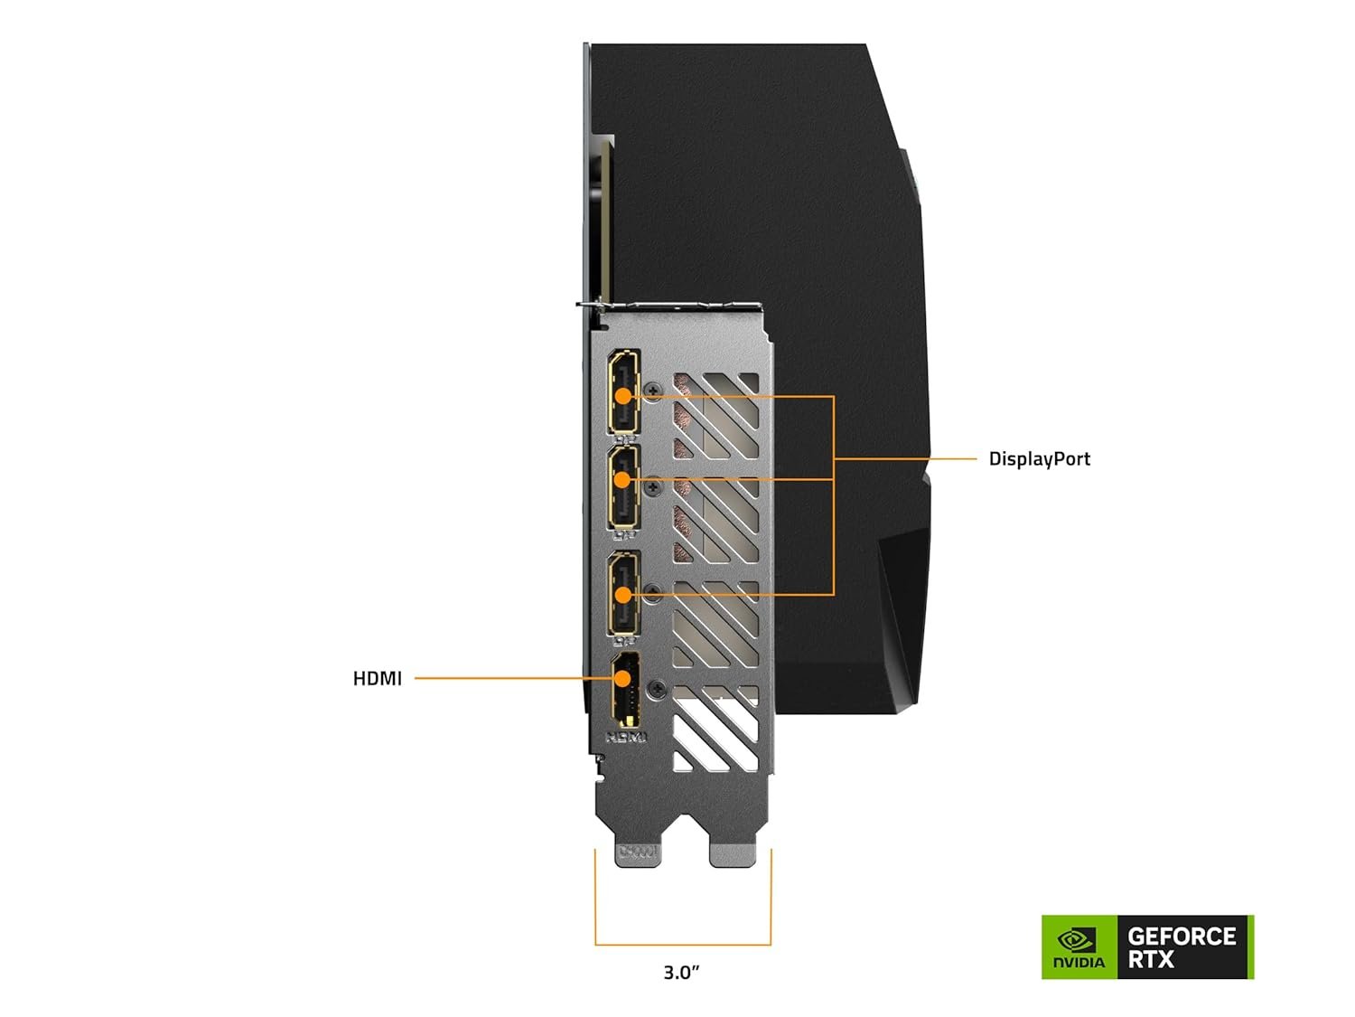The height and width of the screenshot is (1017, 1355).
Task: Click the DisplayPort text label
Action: (1039, 459)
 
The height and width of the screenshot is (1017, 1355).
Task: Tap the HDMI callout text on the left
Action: (377, 678)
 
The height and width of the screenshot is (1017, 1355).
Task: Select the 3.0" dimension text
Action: (682, 973)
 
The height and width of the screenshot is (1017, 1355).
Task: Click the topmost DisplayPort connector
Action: (623, 391)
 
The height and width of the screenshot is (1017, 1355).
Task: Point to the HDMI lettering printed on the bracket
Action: (626, 737)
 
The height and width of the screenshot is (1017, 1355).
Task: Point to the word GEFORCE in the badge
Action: (1182, 936)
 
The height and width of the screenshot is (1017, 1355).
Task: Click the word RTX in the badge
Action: (1151, 959)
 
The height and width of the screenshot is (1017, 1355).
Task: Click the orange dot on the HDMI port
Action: (623, 678)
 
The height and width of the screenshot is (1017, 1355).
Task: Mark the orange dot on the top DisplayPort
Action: (623, 396)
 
